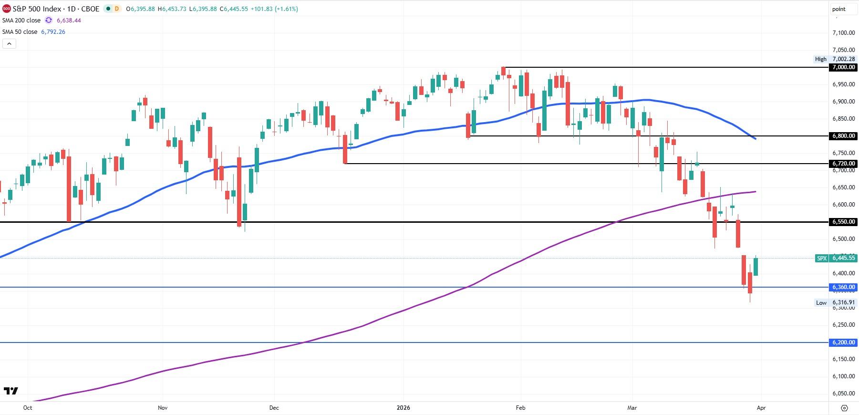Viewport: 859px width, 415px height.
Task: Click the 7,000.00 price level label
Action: pyautogui.click(x=843, y=67)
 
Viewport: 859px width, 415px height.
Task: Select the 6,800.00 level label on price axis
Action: pyautogui.click(x=843, y=136)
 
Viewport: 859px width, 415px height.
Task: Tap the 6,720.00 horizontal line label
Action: pyautogui.click(x=843, y=164)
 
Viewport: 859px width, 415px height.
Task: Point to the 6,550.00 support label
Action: pyautogui.click(x=843, y=222)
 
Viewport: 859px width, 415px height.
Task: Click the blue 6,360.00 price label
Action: pyautogui.click(x=843, y=287)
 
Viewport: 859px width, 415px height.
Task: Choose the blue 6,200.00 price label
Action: pyautogui.click(x=843, y=342)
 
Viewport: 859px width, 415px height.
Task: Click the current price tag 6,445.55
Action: pyautogui.click(x=844, y=258)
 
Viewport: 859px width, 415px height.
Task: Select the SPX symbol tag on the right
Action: pyautogui.click(x=822, y=258)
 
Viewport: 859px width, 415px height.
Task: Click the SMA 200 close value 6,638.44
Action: pyautogui.click(x=69, y=21)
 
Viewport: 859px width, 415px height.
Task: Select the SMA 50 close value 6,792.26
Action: pyautogui.click(x=53, y=32)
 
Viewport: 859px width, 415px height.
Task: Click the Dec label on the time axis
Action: pyautogui.click(x=274, y=408)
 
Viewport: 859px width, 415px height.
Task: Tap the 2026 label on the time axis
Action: pyautogui.click(x=403, y=408)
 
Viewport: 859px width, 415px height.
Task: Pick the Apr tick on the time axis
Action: pyautogui.click(x=761, y=408)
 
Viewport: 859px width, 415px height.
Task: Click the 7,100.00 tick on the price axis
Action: pyautogui.click(x=843, y=33)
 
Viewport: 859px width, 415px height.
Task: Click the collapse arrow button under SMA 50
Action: pyautogui.click(x=9, y=44)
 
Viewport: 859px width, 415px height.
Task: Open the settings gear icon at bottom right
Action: pyautogui.click(x=844, y=408)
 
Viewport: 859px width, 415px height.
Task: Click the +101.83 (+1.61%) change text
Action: pyautogui.click(x=274, y=9)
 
